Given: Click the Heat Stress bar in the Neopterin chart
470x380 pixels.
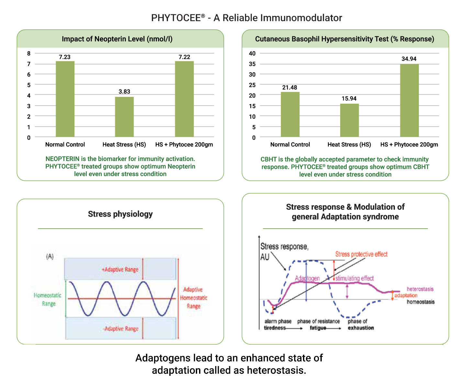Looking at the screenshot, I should pos(124,117).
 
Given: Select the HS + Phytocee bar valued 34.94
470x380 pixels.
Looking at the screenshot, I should pos(409,100).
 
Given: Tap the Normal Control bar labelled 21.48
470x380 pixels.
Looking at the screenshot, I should pos(290,114).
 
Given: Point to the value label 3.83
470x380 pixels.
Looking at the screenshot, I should pos(124,92).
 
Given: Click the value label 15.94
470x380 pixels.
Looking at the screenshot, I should pos(349,98).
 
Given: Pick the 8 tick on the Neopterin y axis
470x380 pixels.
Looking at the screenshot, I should pos(29,53).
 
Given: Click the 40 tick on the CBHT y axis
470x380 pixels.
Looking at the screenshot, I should pos(252,53).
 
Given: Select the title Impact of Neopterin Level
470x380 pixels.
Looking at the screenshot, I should pos(117,39).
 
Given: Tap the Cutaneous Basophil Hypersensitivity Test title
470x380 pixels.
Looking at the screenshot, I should pos(344,39).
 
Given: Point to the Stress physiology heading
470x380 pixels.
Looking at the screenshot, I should pos(120,214).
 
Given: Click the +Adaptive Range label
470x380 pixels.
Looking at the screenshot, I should pos(120,270).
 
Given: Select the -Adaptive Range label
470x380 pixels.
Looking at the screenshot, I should pos(121,328).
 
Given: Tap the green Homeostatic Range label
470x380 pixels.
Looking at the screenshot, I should pos(48,299).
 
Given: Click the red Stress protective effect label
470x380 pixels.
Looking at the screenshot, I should pos(361,254).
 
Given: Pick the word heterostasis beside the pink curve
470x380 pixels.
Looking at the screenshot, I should pos(420,289).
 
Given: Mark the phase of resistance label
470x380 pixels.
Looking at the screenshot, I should pos(319,321).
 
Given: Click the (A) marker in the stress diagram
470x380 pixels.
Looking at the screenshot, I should pos(50,257).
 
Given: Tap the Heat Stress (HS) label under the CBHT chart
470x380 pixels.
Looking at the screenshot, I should pos(349,144).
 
